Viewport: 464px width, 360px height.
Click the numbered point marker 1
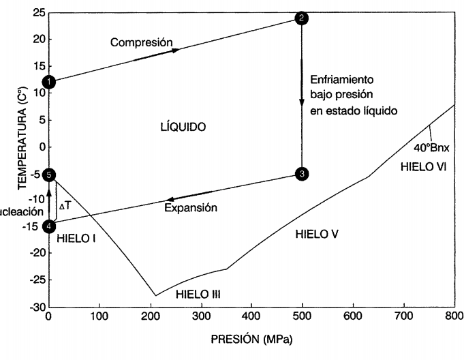click(49, 82)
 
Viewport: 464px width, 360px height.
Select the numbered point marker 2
click(300, 18)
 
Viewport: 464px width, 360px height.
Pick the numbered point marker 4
click(49, 227)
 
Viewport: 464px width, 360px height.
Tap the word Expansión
click(191, 207)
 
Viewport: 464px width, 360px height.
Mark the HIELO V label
click(317, 235)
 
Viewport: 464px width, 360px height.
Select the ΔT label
click(65, 205)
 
